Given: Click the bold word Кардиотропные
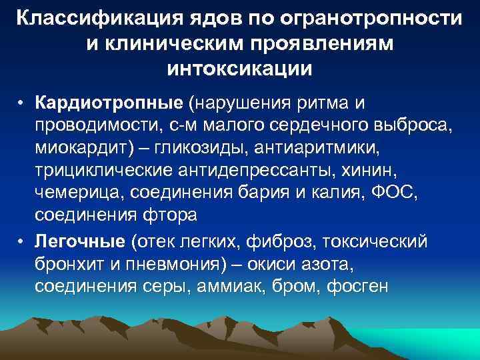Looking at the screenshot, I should [109, 105].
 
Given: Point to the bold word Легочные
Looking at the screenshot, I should [82, 240].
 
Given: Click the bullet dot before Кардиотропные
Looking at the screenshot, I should [22, 105].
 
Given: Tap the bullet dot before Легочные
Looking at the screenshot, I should [22, 240].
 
